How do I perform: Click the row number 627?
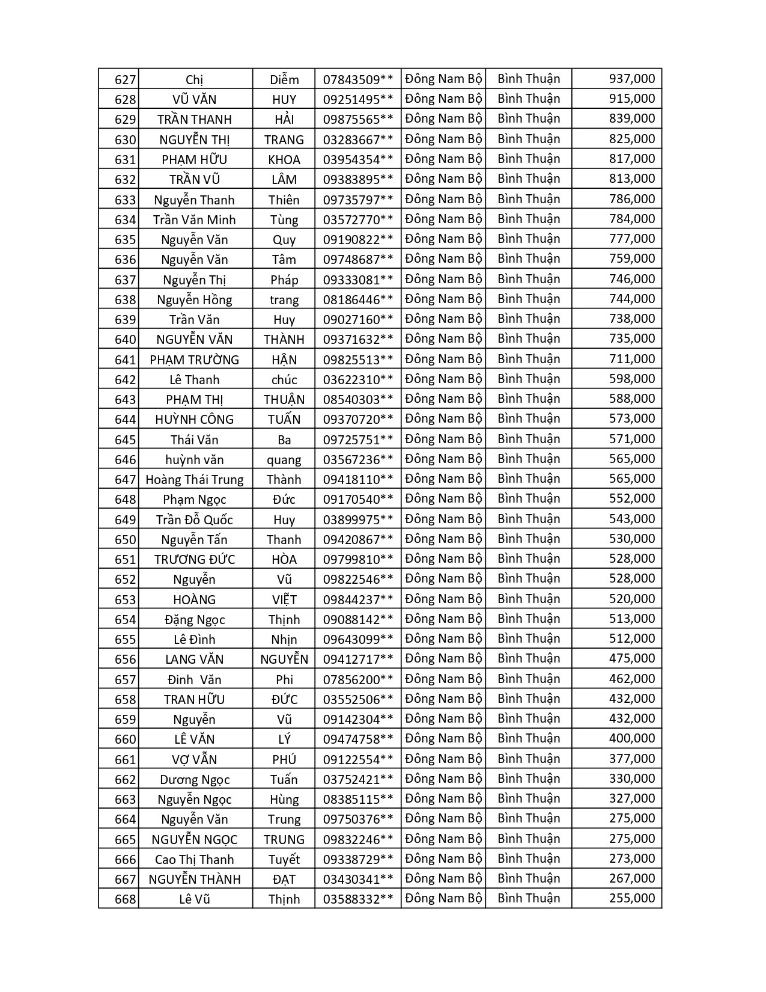pos(125,80)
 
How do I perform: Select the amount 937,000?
pos(631,79)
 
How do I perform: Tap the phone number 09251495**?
pos(358,99)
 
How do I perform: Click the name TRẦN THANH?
pos(194,120)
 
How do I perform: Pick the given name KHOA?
pos(284,159)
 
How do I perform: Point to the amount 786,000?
pos(631,199)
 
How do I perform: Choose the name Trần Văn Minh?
pos(194,219)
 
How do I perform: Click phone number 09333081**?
pos(358,280)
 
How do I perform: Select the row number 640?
pos(125,340)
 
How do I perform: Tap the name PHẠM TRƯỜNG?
pos(194,360)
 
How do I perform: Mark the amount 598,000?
pos(631,379)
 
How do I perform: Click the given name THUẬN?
pos(284,400)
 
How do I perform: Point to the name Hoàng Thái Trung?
pos(194,480)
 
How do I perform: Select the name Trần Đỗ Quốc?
pos(194,520)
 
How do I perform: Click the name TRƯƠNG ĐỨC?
pos(194,560)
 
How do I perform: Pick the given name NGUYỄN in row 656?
pos(284,660)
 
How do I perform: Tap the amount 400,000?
pos(631,738)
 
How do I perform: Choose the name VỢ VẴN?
pos(194,760)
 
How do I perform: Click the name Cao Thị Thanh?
pos(194,860)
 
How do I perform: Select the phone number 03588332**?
pos(358,899)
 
